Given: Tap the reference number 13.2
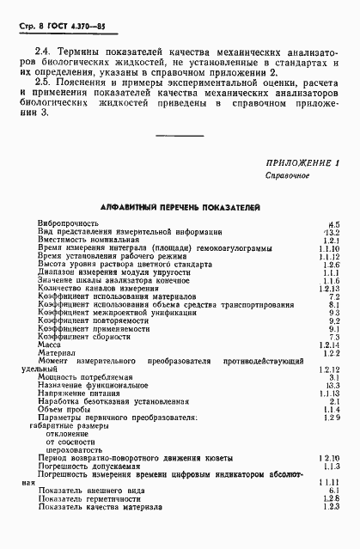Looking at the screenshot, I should (335, 256).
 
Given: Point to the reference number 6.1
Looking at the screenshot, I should (337, 515).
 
